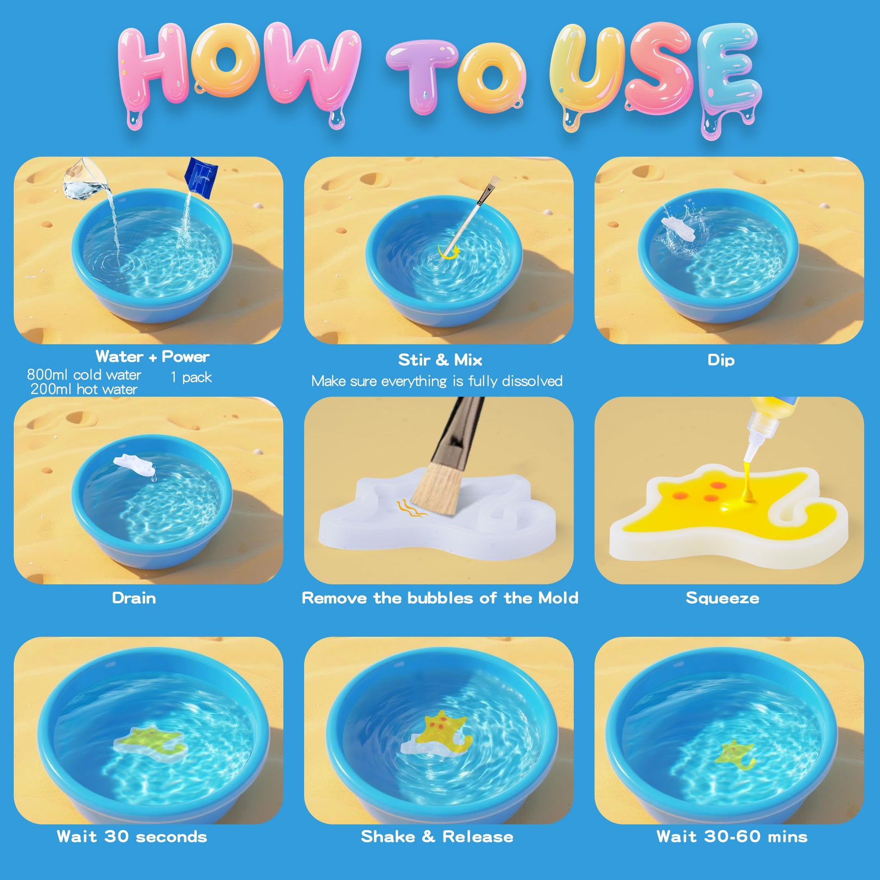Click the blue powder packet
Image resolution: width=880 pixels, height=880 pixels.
tap(200, 178)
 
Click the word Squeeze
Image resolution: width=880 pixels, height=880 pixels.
tap(722, 598)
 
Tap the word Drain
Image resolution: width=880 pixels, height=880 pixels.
tap(134, 598)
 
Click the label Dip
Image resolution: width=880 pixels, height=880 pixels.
tap(721, 360)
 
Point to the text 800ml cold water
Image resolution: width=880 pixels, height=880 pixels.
tap(84, 374)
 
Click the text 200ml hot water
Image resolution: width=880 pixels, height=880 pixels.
tap(84, 389)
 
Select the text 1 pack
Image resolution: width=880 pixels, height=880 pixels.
tap(191, 377)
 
